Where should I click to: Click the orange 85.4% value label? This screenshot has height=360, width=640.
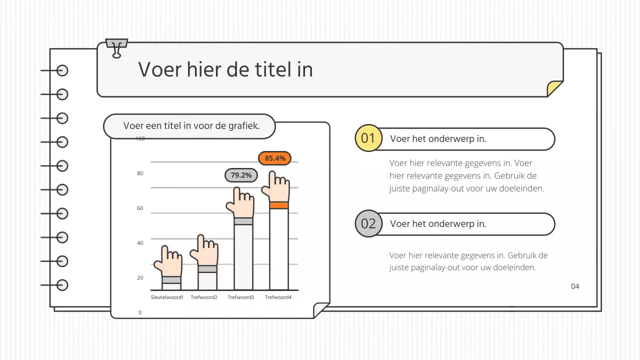coord(274,158)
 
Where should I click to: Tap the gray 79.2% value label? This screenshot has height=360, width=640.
coord(241,175)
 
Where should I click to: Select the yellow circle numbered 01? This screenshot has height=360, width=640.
coord(368,138)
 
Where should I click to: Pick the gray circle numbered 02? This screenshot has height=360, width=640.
coord(368,223)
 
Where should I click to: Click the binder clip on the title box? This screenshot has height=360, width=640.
coord(117,48)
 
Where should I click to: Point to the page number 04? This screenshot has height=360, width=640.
coord(575,286)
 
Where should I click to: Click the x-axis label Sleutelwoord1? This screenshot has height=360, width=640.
coord(167,297)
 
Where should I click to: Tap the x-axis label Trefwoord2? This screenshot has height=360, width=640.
coord(204,297)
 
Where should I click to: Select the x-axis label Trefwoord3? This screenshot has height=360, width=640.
coord(241,297)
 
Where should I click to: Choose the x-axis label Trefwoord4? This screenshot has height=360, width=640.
coord(278,297)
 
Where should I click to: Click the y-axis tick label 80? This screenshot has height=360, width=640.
coord(140,173)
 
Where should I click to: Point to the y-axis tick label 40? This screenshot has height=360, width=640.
coord(140,243)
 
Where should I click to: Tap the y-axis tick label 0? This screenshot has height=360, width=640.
coord(140,312)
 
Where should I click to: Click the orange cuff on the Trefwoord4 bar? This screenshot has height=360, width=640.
coord(279,205)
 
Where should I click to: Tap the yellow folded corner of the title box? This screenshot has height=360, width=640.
coord(554,88)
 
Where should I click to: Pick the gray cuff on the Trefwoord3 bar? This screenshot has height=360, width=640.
coord(243,221)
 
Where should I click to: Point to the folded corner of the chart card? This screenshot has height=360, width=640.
coord(320,310)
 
